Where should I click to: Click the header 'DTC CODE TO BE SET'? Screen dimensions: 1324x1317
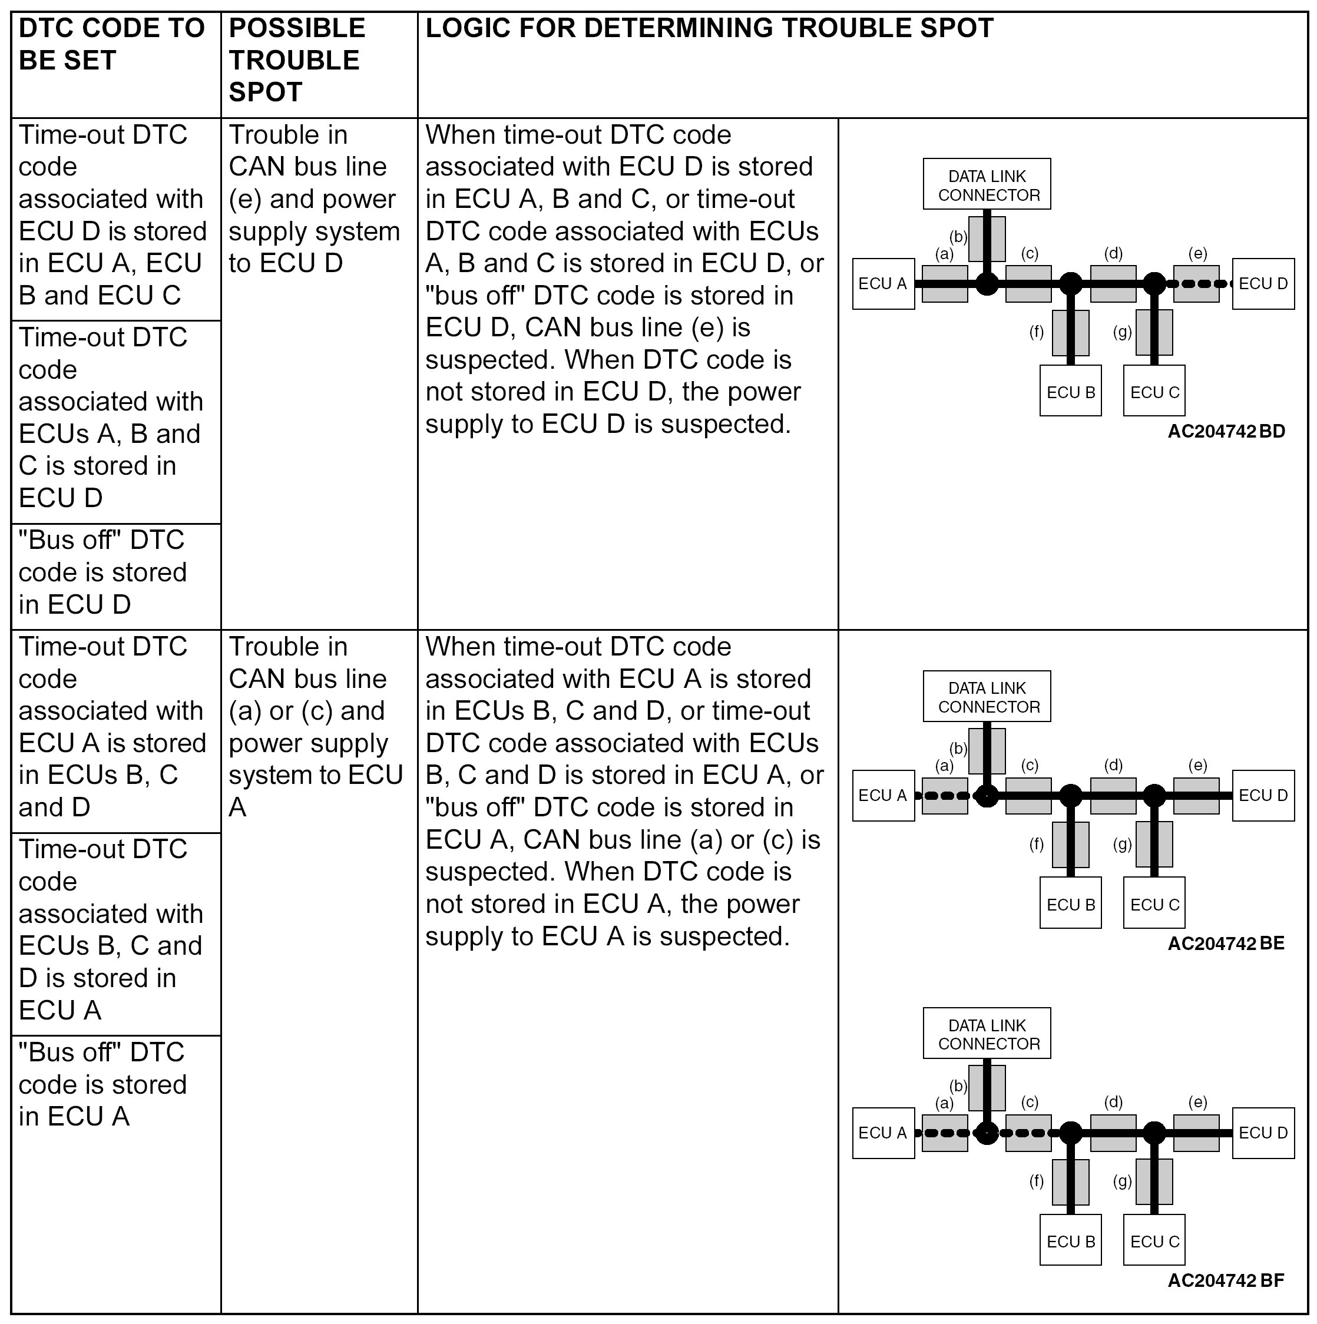coord(112,44)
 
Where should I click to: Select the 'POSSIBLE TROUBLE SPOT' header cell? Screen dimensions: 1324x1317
coord(297,60)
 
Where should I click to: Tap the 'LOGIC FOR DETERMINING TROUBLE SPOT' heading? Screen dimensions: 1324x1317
coord(709,28)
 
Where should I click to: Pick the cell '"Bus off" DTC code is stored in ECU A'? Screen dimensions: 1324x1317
coord(103,1084)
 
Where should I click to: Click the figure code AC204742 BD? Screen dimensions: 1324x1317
coord(1226,431)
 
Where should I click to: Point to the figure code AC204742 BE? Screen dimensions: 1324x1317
coord(1226,943)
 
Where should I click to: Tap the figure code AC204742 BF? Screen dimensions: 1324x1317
coord(1226,1280)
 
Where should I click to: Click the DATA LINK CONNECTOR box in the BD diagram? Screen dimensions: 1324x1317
coord(987,185)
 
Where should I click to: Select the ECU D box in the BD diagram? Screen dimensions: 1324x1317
coord(1263,284)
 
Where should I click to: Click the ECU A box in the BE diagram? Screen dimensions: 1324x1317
coord(883,796)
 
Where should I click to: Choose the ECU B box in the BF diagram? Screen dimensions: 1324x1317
coord(1070,1242)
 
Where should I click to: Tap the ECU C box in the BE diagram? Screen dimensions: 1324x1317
coord(1154,905)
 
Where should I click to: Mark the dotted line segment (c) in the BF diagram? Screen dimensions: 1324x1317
coord(1028,1133)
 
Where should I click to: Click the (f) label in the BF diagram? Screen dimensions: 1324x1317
coord(1037,1181)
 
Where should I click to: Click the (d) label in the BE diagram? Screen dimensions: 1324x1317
coord(1113,765)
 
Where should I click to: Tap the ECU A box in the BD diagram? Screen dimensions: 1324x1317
coord(883,284)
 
